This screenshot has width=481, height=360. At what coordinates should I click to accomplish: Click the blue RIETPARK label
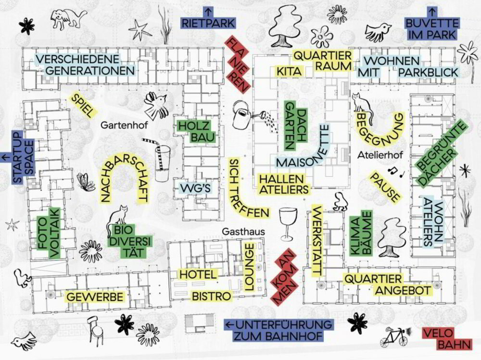pos(208,23)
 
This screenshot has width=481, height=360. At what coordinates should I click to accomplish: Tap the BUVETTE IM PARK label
pos(432,28)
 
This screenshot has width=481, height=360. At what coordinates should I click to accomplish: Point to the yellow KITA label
pos(289,71)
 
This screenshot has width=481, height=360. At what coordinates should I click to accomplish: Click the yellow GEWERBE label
pos(95,297)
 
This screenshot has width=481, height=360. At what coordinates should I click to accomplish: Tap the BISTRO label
pos(211,296)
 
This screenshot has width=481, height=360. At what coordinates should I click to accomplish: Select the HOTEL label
pos(198,274)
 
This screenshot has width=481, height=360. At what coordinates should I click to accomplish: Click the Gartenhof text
pos(124,125)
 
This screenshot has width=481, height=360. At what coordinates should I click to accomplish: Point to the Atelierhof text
pos(380,155)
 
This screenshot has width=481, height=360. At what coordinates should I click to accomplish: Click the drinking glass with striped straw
pos(160,160)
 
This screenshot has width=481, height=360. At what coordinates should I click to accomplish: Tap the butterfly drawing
pos(86,182)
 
